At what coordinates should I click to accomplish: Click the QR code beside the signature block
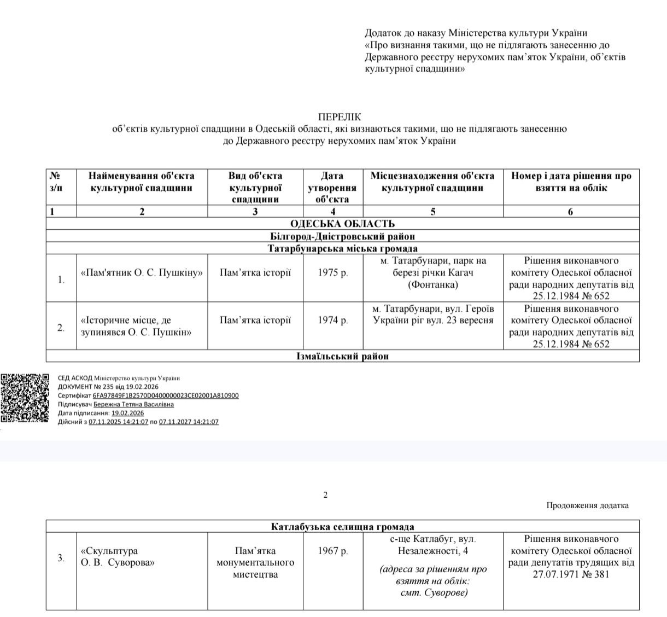coord(25,398)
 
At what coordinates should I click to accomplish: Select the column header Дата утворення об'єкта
coord(332,187)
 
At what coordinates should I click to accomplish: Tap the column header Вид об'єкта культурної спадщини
coord(255,187)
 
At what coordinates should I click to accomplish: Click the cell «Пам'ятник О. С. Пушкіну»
coord(142,273)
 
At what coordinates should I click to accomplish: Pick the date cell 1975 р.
coord(332,273)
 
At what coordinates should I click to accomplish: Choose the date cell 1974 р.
coord(332,320)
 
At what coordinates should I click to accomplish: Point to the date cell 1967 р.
coord(332,551)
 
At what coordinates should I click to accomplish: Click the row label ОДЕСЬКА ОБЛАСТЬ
coord(342,224)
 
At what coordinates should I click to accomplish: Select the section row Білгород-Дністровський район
coord(342,236)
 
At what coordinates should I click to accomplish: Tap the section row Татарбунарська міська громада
coord(342,249)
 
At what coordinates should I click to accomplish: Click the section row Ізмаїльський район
coord(342,356)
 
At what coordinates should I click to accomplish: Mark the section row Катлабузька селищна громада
coord(342,527)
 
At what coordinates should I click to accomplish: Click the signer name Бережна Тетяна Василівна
coord(133,404)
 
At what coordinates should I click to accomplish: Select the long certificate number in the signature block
coord(166,395)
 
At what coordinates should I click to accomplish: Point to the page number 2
coord(325,495)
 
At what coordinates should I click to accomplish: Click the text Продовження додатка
coord(587,505)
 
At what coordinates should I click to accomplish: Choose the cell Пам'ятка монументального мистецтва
coord(255,562)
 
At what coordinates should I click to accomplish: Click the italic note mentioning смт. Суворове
coord(433,581)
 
